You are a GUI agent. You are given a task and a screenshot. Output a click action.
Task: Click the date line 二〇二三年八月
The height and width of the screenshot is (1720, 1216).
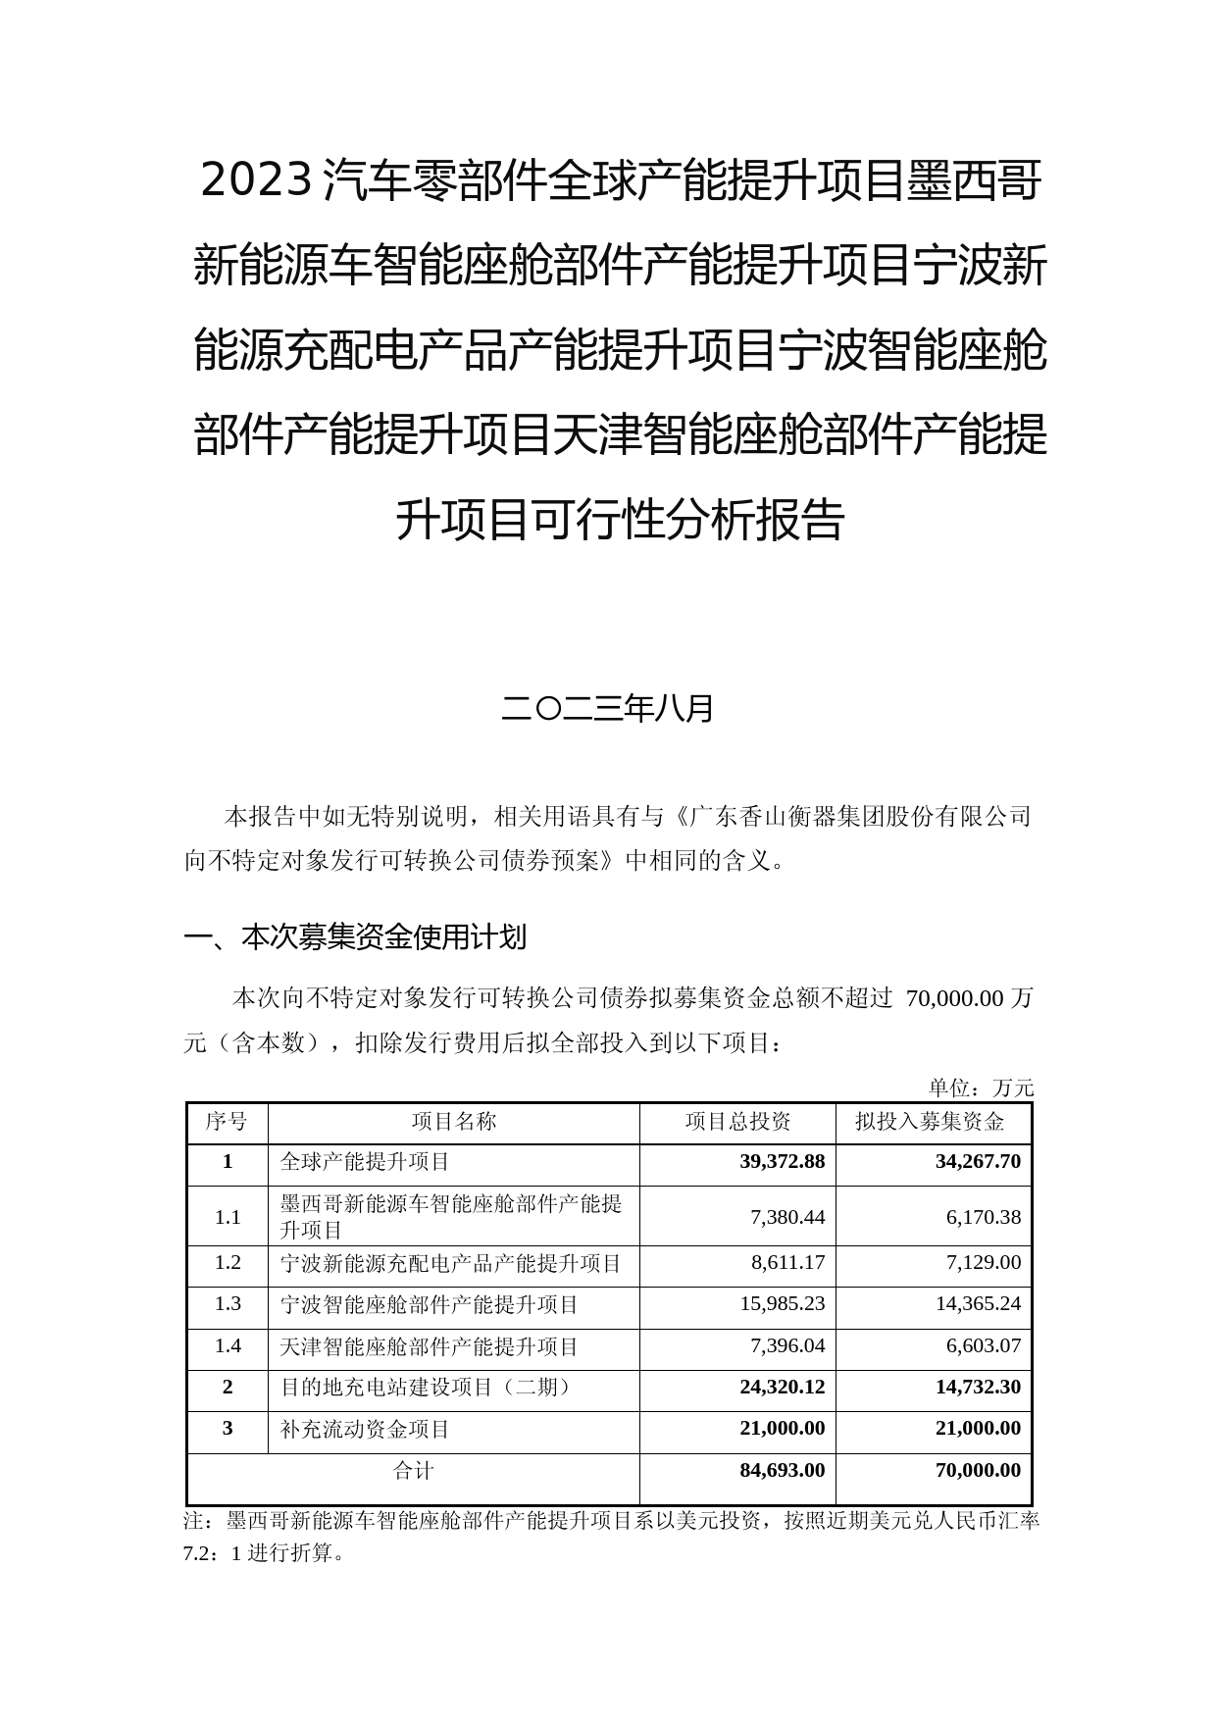[x=607, y=708]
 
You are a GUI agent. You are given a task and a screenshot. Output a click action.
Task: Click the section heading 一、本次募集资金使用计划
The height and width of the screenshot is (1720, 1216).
[x=355, y=938]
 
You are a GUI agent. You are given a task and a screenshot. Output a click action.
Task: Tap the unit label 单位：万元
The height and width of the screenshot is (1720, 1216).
[x=981, y=1088]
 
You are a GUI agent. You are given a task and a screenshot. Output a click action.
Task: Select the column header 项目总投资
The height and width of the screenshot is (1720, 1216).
[x=737, y=1122]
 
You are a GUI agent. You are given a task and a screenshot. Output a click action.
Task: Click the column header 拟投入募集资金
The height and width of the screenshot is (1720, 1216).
[x=930, y=1122]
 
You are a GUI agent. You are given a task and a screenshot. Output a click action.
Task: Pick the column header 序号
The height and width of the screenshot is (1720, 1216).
[x=227, y=1122]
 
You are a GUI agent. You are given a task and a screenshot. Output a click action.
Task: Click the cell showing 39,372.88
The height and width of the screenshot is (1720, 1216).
[x=782, y=1162]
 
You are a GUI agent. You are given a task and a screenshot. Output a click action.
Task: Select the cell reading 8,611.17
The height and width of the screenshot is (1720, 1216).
[x=787, y=1263]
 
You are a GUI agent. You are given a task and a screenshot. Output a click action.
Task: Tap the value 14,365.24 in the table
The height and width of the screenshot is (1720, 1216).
[x=978, y=1305]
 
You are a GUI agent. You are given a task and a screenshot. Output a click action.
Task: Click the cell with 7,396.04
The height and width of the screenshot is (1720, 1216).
[x=787, y=1346]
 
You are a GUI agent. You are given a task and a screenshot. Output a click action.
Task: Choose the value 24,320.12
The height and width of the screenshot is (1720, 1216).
[x=782, y=1388]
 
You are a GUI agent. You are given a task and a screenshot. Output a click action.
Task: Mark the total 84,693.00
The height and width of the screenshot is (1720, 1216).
[x=782, y=1470]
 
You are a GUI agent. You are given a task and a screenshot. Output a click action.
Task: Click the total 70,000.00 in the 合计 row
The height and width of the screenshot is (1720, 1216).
[x=978, y=1470]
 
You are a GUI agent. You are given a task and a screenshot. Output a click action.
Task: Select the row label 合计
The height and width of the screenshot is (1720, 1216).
[x=413, y=1470]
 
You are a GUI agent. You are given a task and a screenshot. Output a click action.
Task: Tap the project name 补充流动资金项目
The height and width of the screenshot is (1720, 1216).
[x=365, y=1429]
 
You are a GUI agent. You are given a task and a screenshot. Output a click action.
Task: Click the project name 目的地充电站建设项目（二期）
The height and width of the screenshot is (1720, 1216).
[x=425, y=1388]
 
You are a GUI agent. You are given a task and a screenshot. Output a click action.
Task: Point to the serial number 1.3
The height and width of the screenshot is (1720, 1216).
[x=228, y=1304]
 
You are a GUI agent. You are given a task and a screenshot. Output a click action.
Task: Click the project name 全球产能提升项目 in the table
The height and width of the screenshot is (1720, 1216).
[x=365, y=1162]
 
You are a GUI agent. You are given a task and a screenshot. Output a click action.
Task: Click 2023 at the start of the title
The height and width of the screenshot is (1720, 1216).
[x=257, y=182]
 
